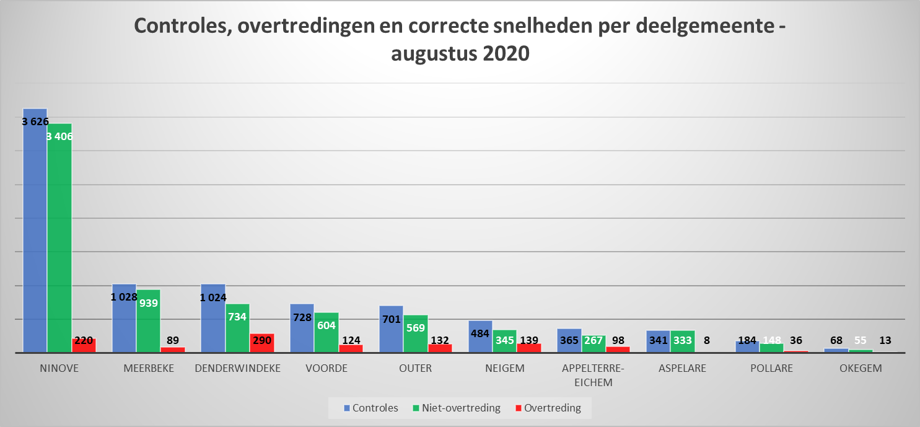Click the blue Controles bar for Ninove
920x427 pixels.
[x=35, y=236]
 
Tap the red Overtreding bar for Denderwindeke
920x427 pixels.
[x=261, y=343]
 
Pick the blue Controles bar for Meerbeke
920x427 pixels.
[x=124, y=322]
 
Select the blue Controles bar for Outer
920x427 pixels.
[x=391, y=332]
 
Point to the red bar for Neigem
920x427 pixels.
[x=529, y=348]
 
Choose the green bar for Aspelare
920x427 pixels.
[x=682, y=343]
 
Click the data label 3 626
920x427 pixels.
[x=35, y=121]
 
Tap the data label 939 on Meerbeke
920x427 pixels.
[x=149, y=304]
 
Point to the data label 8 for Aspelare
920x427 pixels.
[x=707, y=340]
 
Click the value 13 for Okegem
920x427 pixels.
[x=885, y=340]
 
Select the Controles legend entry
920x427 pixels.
[x=372, y=408]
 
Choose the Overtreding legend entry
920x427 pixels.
[x=548, y=408]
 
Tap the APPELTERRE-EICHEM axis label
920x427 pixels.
[x=593, y=375]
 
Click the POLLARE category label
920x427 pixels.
[x=771, y=368]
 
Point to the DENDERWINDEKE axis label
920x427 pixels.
[x=237, y=368]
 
